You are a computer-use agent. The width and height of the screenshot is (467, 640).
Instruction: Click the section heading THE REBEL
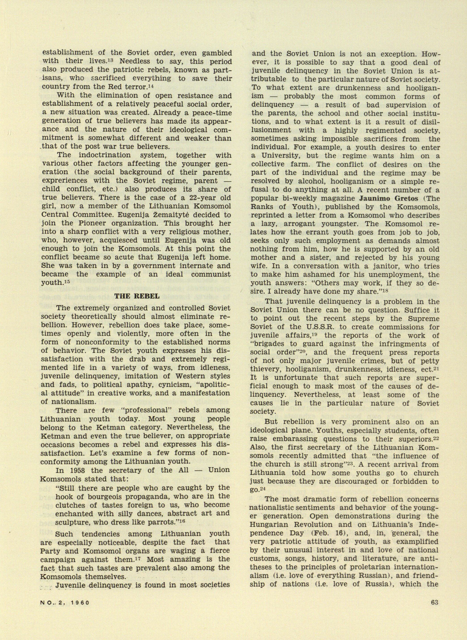[x=137, y=297]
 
